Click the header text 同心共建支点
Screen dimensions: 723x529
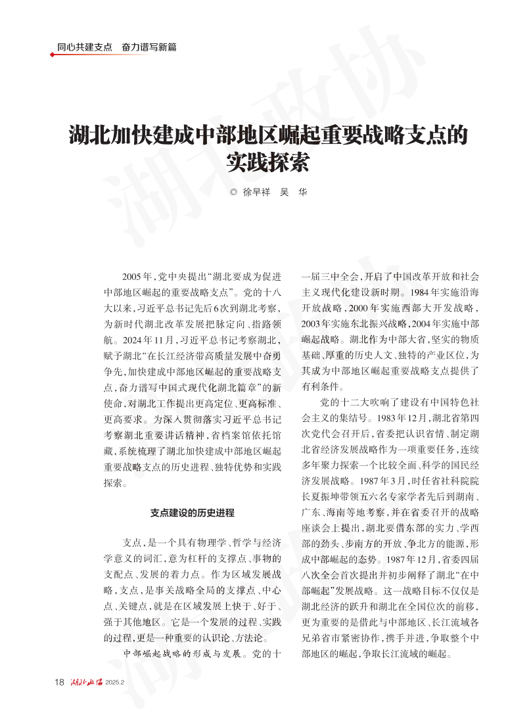84,47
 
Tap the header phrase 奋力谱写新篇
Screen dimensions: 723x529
149,47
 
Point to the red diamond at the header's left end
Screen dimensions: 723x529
52,55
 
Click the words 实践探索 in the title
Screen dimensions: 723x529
267,161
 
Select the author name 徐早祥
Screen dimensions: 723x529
256,192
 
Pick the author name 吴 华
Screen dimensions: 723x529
293,192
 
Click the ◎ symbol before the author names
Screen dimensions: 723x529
233,192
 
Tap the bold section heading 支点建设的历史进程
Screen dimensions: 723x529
193,513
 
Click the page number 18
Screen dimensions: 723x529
59,682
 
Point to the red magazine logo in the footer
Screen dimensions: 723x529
87,682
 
